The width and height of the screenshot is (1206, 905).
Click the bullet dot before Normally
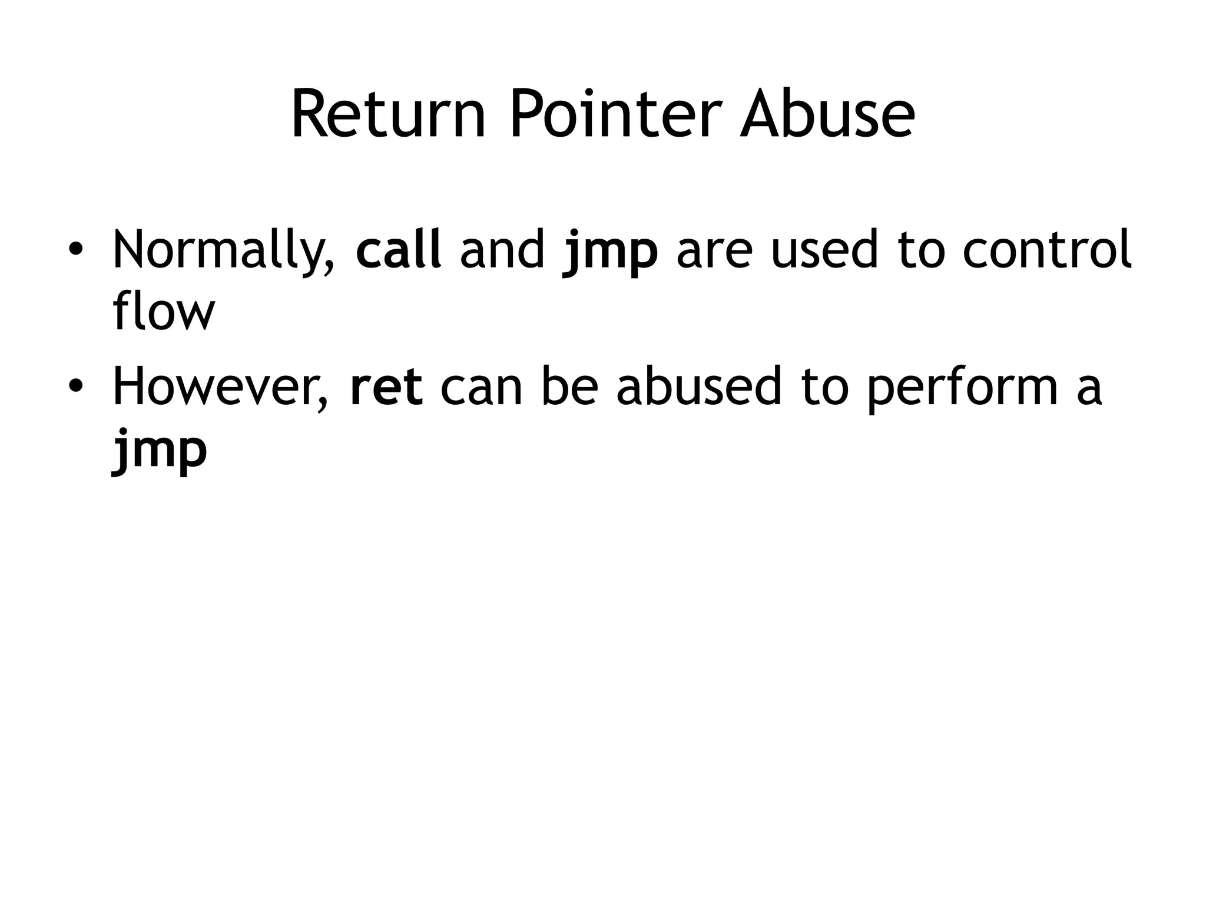click(x=75, y=250)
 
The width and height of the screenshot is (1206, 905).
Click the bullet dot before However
click(x=75, y=387)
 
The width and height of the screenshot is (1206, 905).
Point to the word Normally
click(x=224, y=251)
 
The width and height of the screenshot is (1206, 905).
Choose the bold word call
click(x=399, y=250)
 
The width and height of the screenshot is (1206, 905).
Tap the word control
click(x=1046, y=250)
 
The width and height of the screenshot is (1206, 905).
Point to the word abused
click(x=699, y=387)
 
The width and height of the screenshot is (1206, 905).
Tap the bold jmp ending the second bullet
click(x=160, y=451)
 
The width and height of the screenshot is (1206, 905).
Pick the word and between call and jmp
click(x=502, y=250)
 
